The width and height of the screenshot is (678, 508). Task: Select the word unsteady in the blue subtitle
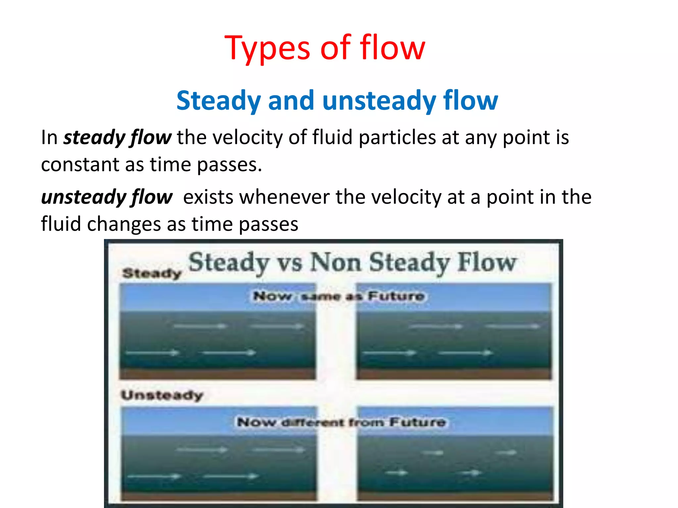tap(379, 101)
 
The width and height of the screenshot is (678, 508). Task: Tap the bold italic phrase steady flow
tap(118, 138)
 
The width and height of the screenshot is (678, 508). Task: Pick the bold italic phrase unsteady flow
tap(107, 197)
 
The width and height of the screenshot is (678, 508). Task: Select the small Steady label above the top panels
tap(152, 273)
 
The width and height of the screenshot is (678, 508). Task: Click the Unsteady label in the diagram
tap(162, 395)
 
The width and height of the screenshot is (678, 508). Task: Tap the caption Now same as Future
tap(338, 296)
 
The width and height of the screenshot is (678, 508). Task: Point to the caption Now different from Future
tap(341, 422)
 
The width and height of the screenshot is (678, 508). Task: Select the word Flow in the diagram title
tap(486, 263)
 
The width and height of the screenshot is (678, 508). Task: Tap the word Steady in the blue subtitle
tap(218, 101)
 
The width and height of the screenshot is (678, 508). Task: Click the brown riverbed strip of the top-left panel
tap(218, 374)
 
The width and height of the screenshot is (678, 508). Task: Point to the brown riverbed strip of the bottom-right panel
tap(455, 496)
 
